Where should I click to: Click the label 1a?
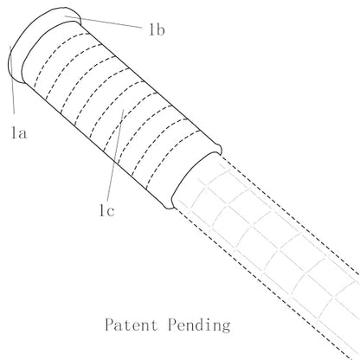click(19, 133)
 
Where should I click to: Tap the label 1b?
click(157, 29)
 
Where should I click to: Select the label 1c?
click(106, 210)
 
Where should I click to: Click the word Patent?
click(132, 325)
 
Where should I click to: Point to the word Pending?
click(199, 325)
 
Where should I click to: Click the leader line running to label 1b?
click(103, 22)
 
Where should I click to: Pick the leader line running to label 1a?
click(12, 80)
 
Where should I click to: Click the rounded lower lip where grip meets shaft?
click(168, 204)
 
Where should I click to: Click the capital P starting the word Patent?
click(109, 325)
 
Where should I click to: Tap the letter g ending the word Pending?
click(226, 327)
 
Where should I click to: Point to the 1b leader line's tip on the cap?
click(65, 16)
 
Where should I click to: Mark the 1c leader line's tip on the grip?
click(124, 109)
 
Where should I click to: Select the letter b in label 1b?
click(160, 29)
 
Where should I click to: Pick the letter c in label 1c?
click(110, 211)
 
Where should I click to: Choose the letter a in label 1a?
click(22, 134)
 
